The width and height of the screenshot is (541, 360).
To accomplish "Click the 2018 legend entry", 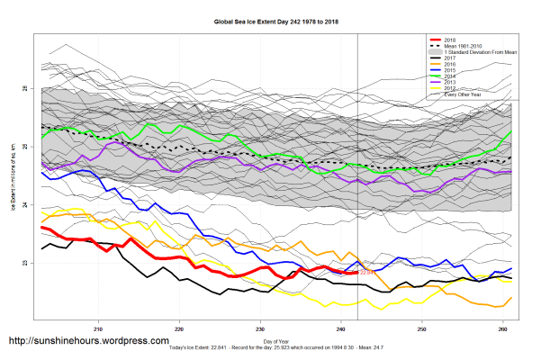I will (450, 40).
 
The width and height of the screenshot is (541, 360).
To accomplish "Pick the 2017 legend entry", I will (450, 59).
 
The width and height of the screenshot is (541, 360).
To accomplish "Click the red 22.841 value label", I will (366, 272).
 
